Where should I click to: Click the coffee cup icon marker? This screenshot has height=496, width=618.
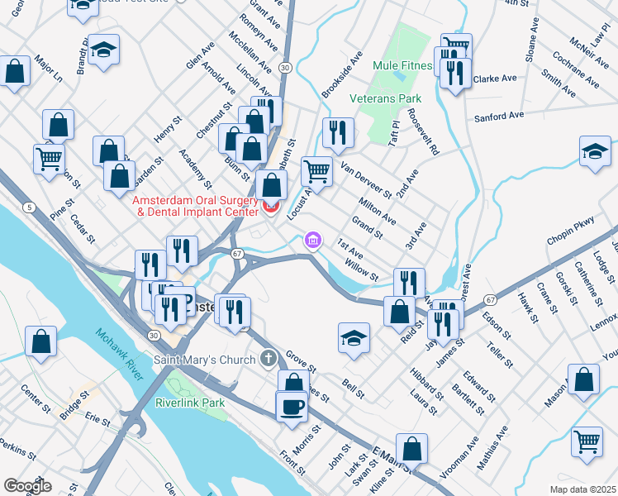(291, 407)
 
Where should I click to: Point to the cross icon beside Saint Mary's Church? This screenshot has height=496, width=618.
(267, 360)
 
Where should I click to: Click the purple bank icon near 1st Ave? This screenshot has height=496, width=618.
(312, 241)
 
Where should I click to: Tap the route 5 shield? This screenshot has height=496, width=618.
(30, 207)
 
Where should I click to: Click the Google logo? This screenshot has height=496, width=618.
(27, 485)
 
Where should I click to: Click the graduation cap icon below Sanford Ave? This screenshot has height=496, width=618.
(594, 153)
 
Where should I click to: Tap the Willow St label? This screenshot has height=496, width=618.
(362, 269)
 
